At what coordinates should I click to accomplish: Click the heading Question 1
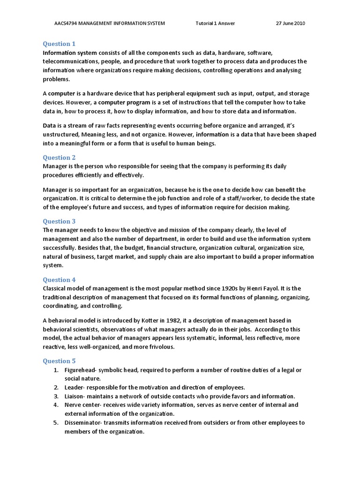59,44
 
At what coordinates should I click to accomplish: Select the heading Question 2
59,157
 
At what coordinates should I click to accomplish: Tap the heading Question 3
59,221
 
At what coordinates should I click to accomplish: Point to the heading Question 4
59,280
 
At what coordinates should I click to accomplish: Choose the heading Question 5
59,361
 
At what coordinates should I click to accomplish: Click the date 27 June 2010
289,23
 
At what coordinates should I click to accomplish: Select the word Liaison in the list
74,396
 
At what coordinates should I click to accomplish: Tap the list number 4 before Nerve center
55,405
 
